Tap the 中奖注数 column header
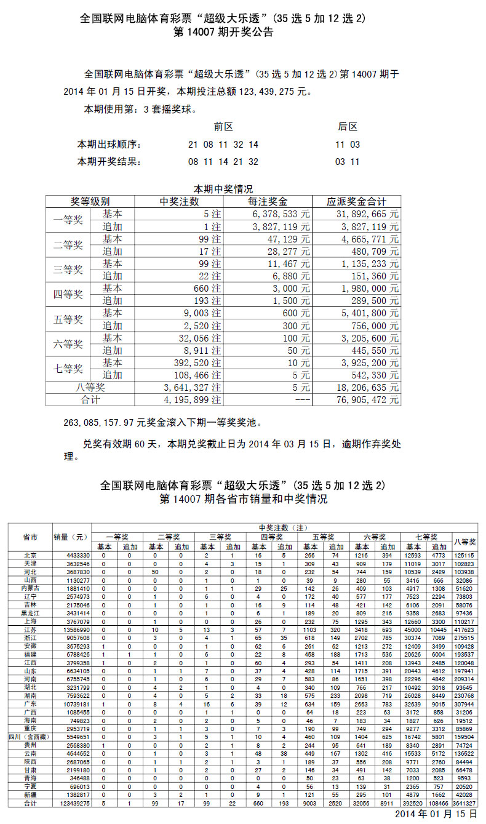point(180,202)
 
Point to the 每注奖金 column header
point(268,202)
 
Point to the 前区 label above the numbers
point(223,127)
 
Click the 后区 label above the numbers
point(348,127)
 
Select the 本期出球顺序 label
point(109,145)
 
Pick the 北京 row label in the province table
point(30,555)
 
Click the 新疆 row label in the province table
point(30,796)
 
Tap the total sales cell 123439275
point(73,803)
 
